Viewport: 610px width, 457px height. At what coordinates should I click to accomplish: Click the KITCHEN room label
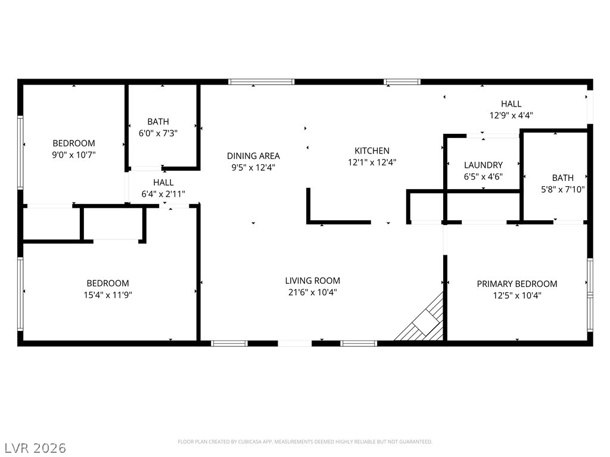[372, 151]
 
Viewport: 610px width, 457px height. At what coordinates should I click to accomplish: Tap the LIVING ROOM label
[312, 281]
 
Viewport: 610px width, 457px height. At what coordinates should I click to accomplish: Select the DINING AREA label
[253, 156]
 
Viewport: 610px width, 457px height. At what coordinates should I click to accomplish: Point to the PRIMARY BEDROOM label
[517, 284]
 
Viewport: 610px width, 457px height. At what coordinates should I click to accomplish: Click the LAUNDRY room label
[483, 165]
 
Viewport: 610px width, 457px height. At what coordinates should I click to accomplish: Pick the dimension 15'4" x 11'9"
[108, 295]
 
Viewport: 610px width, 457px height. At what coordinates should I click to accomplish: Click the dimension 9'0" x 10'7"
[73, 155]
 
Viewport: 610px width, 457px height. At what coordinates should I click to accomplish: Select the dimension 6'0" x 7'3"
[158, 133]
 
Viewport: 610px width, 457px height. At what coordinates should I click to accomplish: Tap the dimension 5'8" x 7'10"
[562, 190]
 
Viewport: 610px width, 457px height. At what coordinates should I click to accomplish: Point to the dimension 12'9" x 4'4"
[511, 115]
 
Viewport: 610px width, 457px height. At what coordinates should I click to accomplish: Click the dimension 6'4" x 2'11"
[163, 194]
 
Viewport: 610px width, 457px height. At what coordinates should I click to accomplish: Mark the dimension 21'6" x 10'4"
[312, 292]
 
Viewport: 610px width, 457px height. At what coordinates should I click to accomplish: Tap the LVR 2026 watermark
[33, 448]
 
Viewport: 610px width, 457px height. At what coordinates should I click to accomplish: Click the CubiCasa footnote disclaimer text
[305, 442]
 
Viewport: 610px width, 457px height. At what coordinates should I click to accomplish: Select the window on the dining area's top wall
[261, 82]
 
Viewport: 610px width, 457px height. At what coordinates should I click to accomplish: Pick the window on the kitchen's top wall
[402, 82]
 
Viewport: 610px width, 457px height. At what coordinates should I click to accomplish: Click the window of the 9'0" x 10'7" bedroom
[20, 152]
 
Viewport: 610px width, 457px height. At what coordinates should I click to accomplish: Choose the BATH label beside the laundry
[562, 178]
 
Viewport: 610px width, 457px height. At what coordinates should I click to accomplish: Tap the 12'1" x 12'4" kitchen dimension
[372, 162]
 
